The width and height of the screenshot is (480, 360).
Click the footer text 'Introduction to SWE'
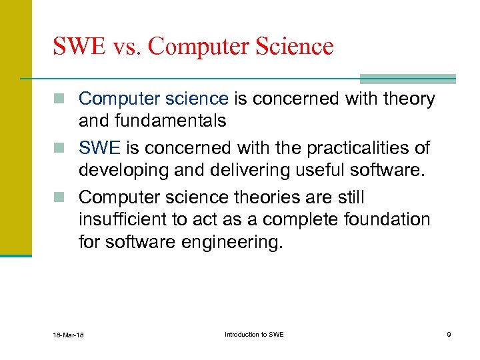[254, 334]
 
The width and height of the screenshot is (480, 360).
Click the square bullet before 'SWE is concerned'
[65, 148]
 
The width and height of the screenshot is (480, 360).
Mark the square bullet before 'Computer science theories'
[65, 198]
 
